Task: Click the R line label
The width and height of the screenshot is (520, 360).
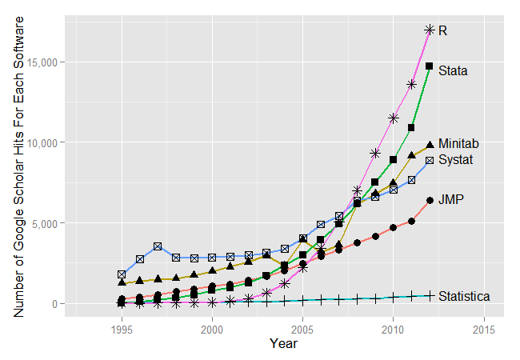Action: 442,30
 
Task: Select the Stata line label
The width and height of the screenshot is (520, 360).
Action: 453,70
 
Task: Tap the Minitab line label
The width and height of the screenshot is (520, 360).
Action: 458,143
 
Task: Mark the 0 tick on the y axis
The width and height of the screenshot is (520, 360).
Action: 57,304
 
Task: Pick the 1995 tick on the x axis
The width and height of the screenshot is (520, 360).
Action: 122,328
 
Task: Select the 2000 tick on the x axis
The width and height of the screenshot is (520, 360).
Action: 212,328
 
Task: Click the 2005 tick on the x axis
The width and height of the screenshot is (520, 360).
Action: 302,328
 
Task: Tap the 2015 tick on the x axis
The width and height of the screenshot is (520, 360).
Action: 483,328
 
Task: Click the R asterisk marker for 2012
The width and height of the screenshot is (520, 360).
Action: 430,30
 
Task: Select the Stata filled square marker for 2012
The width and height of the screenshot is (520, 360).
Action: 430,66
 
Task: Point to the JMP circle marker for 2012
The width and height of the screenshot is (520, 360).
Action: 430,200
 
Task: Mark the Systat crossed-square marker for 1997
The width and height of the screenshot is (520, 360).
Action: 158,246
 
